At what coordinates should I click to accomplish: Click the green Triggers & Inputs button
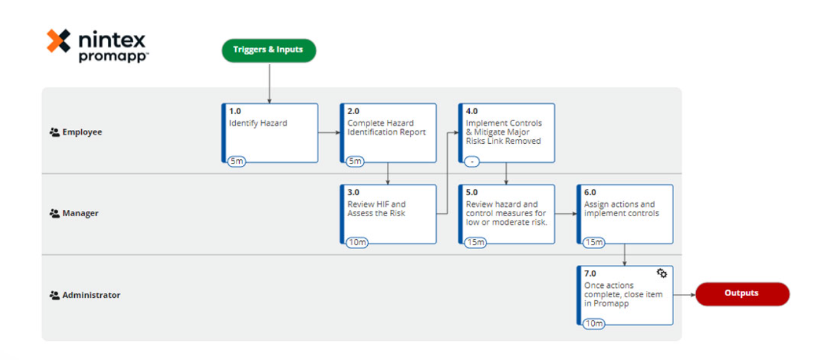[x=268, y=50]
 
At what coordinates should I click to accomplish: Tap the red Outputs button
[x=742, y=293]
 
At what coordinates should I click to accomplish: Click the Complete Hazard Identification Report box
[x=388, y=133]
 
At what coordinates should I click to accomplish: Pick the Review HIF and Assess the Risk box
[x=388, y=214]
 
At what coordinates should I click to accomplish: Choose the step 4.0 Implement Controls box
[x=507, y=133]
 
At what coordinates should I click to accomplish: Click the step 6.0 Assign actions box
[x=625, y=214]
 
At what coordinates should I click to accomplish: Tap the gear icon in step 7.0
[x=661, y=273]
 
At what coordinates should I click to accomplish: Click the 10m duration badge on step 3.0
[x=356, y=243]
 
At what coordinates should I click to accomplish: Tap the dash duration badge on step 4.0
[x=472, y=162]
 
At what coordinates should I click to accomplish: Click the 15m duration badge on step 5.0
[x=475, y=243]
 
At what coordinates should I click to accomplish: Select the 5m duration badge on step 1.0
[x=237, y=162]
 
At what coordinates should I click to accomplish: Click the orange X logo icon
[x=59, y=41]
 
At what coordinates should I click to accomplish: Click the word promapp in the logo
[x=113, y=57]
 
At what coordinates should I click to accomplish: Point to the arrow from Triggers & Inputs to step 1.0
[x=269, y=82]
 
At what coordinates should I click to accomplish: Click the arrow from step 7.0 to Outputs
[x=684, y=295]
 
